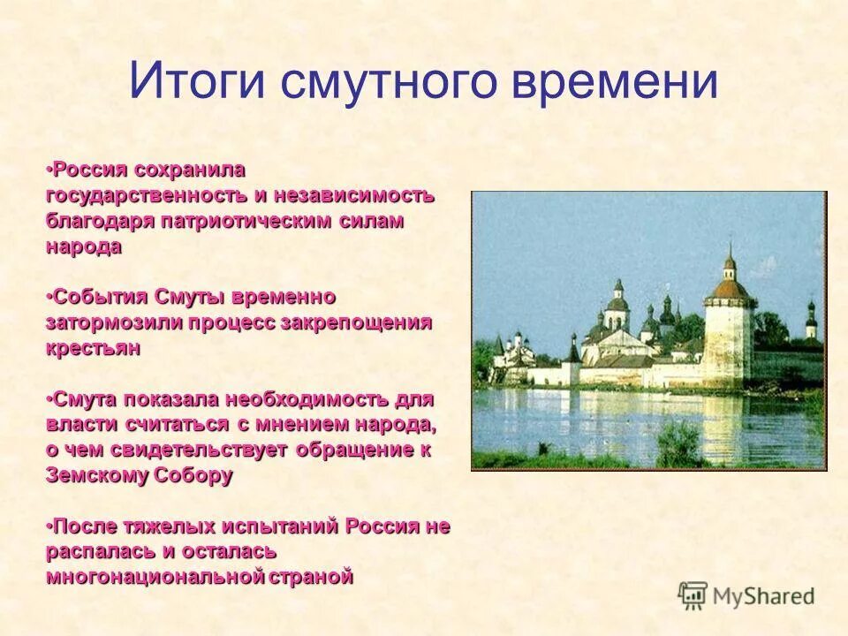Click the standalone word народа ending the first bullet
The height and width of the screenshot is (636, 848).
click(x=84, y=246)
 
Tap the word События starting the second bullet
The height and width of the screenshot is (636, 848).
click(x=99, y=297)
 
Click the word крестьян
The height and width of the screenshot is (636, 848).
click(x=93, y=348)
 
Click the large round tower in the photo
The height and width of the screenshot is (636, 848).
click(x=728, y=331)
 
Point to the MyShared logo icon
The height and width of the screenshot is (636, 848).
click(x=693, y=595)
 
